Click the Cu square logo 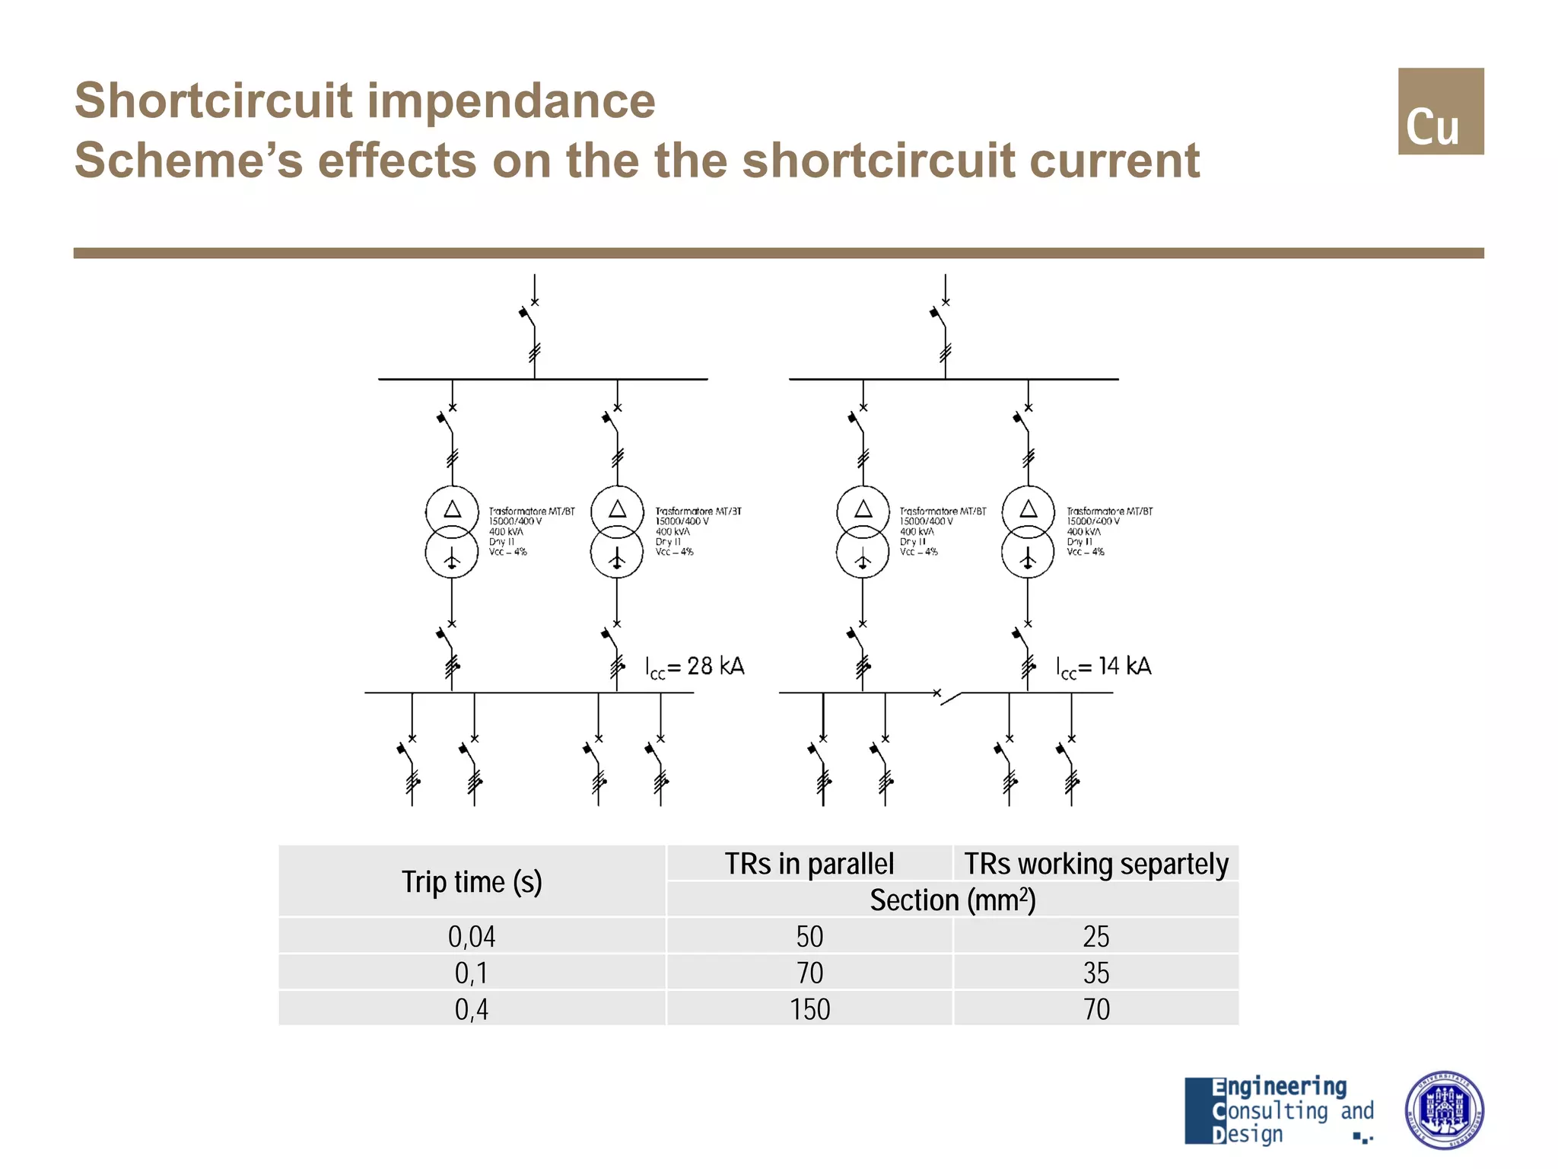click(x=1440, y=111)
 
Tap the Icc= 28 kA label click(x=695, y=667)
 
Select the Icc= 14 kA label click(x=1103, y=667)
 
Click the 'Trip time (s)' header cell click(x=472, y=882)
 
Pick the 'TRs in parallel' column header click(x=809, y=864)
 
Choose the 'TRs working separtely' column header click(x=1095, y=864)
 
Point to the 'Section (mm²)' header click(x=952, y=900)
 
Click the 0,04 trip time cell click(x=472, y=937)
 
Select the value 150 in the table click(x=809, y=1010)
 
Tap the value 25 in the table click(x=1096, y=937)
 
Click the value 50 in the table click(x=809, y=937)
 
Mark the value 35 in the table click(x=1096, y=973)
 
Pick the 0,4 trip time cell click(x=472, y=1010)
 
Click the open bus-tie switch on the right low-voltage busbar click(x=948, y=696)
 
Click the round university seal click(x=1443, y=1110)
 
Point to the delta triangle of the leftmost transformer click(x=452, y=509)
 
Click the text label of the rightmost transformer click(x=1108, y=531)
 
